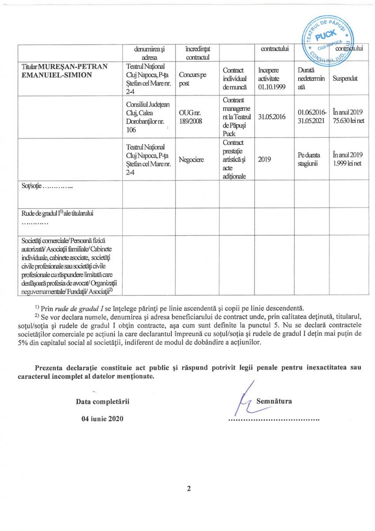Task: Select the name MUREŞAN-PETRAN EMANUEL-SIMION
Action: pyautogui.click(x=61, y=71)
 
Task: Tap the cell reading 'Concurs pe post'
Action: pyautogui.click(x=193, y=78)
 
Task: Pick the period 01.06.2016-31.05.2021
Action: pyautogui.click(x=311, y=117)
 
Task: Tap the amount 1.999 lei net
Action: pyautogui.click(x=348, y=164)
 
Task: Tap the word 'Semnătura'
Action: pyautogui.click(x=274, y=401)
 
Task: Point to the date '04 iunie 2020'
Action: pyautogui.click(x=102, y=419)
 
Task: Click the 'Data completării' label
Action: pyautogui.click(x=102, y=402)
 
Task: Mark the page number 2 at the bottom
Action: pyautogui.click(x=189, y=489)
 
